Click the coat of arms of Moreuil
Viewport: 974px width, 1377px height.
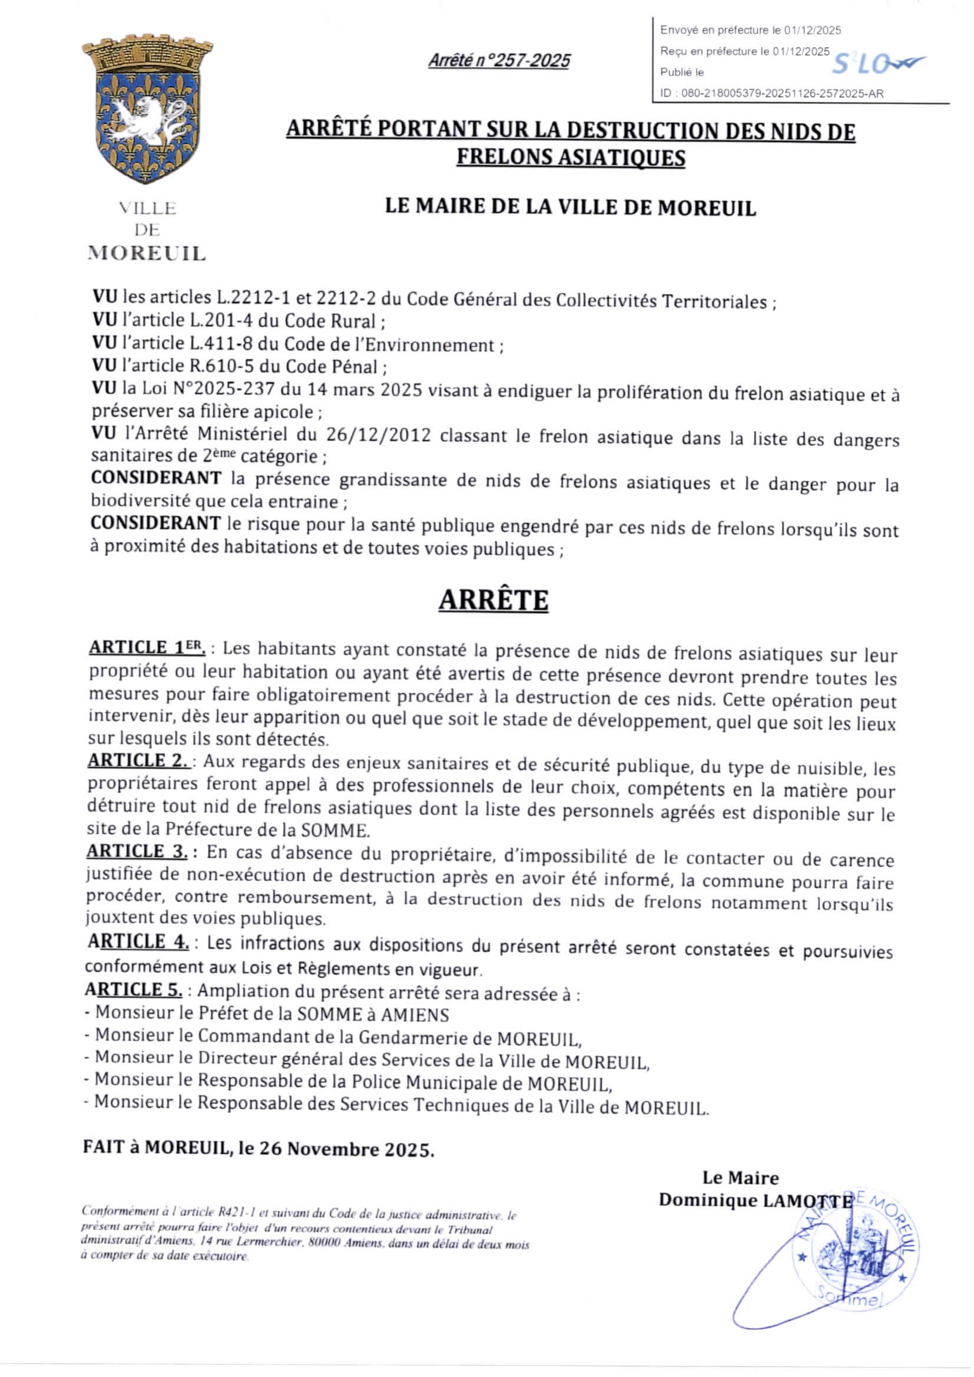(x=147, y=111)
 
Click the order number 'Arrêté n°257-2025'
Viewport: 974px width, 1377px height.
(x=499, y=61)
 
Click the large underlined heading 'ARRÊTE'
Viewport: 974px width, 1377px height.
(x=493, y=600)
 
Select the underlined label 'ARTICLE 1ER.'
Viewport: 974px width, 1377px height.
(x=147, y=648)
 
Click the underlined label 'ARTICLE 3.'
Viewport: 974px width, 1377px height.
(x=137, y=851)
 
